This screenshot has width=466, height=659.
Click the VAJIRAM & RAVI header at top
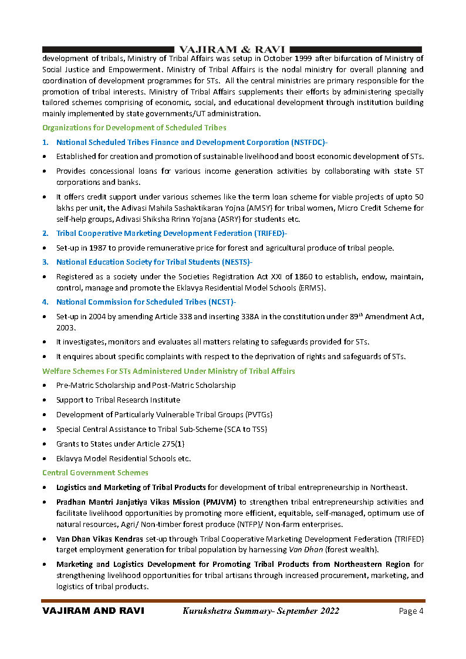[x=232, y=49]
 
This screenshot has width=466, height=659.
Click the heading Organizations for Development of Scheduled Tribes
[x=134, y=127]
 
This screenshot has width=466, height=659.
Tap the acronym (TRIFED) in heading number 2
[x=269, y=234]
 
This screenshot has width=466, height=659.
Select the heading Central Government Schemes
[x=95, y=472]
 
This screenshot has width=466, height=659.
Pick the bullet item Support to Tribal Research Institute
[x=118, y=400]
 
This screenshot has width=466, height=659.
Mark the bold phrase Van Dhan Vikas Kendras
[x=100, y=539]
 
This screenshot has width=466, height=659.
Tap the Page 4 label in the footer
[x=411, y=611]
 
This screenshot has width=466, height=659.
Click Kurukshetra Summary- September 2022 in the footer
[x=261, y=611]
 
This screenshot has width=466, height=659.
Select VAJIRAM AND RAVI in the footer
[x=93, y=611]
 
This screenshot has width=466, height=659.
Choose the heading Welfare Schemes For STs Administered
[x=168, y=371]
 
